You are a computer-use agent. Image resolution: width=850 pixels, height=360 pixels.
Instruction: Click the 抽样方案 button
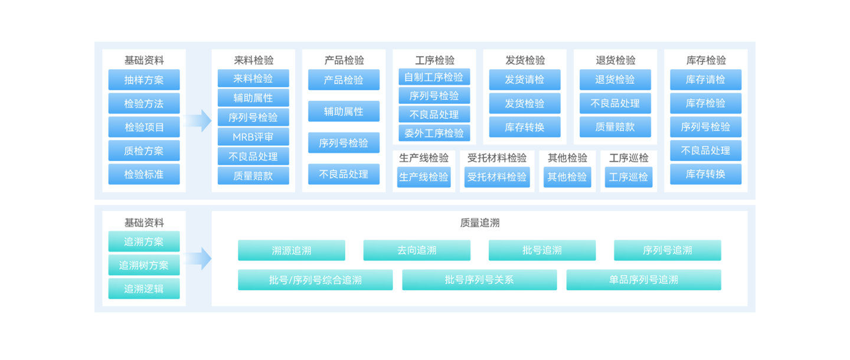[x=144, y=80]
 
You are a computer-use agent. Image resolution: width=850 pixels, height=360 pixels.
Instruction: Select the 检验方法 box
[x=144, y=103]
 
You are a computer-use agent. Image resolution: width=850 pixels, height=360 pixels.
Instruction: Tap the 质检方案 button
[x=144, y=150]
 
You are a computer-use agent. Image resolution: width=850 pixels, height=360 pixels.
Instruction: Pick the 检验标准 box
[x=144, y=174]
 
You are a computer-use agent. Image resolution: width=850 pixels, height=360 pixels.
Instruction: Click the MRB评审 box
[x=253, y=136]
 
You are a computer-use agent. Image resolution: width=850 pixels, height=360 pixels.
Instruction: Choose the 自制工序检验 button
[x=434, y=77]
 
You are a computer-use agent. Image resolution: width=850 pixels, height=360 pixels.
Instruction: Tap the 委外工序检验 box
[x=434, y=133]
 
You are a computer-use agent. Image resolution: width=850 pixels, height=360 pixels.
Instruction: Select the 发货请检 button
[x=524, y=80]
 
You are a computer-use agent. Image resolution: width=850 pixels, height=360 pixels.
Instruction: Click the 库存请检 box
[x=705, y=80]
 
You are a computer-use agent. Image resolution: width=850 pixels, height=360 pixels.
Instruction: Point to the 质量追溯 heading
[x=479, y=223]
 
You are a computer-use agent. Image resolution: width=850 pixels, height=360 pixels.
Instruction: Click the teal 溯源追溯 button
[x=292, y=250]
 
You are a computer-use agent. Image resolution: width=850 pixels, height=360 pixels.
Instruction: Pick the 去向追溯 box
[x=417, y=250]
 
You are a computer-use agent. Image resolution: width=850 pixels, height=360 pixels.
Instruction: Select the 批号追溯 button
[x=542, y=250]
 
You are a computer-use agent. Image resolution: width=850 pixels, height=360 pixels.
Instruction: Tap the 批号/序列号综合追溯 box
[x=315, y=280]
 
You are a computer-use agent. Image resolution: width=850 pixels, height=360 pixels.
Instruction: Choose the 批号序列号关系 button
[x=479, y=280]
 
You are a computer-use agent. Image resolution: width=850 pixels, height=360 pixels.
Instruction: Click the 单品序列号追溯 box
[x=643, y=280]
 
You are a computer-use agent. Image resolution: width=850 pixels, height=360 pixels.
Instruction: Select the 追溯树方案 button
[x=144, y=265]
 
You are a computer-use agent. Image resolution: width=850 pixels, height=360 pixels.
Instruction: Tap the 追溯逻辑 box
[x=144, y=289]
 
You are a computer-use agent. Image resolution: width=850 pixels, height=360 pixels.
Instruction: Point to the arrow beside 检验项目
[x=198, y=121]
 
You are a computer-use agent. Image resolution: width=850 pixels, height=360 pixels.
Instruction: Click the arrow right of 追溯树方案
[x=198, y=258]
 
